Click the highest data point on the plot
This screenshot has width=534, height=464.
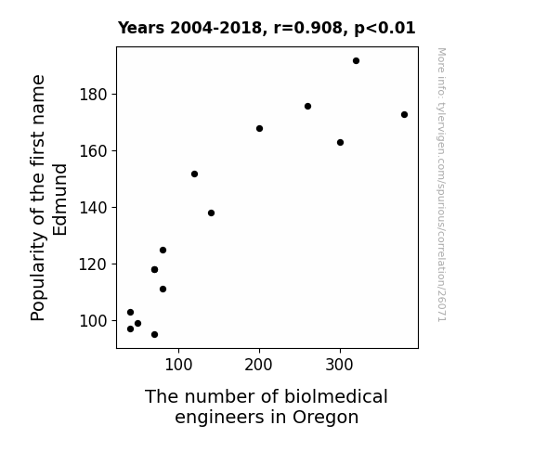point(356,61)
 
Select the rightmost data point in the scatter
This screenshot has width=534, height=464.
point(404,115)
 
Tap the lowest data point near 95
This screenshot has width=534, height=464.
point(154,335)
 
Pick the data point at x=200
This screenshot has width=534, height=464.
point(259,129)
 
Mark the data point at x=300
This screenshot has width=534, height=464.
point(340,143)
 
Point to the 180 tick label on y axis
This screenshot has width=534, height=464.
point(93,95)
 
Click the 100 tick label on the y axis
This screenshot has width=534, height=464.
point(93,321)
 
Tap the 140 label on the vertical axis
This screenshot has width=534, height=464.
point(93,208)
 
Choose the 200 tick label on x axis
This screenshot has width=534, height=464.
point(258,365)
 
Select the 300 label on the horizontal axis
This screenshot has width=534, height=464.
point(339,365)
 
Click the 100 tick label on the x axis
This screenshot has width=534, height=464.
point(178,365)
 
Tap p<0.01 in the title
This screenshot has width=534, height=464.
point(384,29)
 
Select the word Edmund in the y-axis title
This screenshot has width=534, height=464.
point(60,200)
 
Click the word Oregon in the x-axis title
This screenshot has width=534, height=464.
point(325,418)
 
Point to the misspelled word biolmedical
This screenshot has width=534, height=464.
point(336,396)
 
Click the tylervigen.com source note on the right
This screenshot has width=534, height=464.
point(442,185)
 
